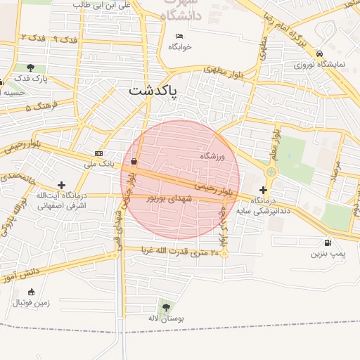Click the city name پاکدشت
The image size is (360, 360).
click(153, 91)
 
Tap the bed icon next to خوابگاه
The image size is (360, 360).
click(179, 36)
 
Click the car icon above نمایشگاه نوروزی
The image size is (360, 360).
click(319, 53)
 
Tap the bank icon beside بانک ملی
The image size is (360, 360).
click(98, 154)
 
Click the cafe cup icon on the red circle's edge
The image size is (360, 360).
click(133, 161)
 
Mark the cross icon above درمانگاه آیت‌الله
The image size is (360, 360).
click(62, 184)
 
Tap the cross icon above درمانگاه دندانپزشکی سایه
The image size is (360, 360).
click(263, 189)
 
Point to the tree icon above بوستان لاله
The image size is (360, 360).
click(166, 306)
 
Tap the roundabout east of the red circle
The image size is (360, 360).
click(271, 172)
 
